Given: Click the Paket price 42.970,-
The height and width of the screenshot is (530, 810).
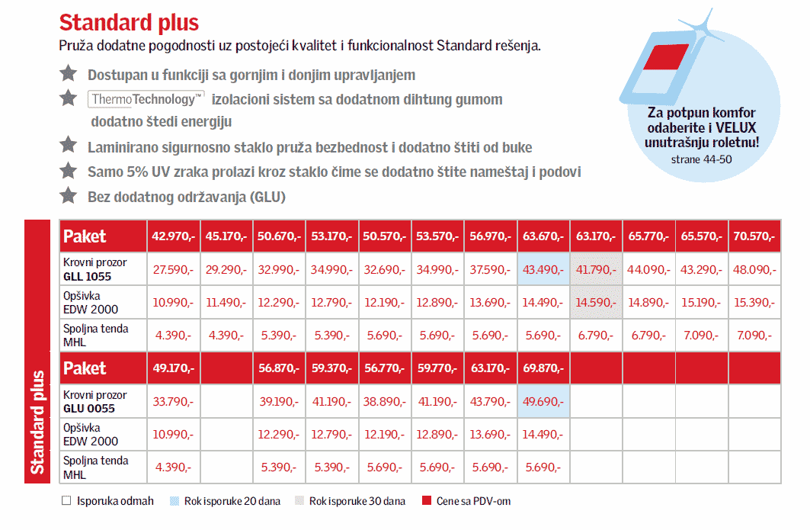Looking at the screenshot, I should pos(174,236).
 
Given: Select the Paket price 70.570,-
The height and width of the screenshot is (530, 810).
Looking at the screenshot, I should pos(755,236).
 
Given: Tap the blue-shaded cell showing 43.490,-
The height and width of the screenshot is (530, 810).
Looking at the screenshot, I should pos(543,269).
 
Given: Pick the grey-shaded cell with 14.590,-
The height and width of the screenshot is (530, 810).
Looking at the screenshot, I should pos(596,302).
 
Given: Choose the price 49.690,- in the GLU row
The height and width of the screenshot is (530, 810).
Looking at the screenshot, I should pos(543,401).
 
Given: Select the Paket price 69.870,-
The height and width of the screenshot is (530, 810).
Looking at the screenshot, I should pos(543,368).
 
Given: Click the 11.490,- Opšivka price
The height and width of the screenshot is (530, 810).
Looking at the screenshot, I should pos(226,302).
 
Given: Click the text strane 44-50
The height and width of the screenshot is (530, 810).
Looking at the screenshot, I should pos(701,161).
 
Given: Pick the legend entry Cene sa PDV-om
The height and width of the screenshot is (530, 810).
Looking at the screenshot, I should pos(477,501).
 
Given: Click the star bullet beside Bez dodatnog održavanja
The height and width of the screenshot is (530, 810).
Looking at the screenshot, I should pos(69,195).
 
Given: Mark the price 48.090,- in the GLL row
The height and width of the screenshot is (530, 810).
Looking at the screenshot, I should pos(755,269).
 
